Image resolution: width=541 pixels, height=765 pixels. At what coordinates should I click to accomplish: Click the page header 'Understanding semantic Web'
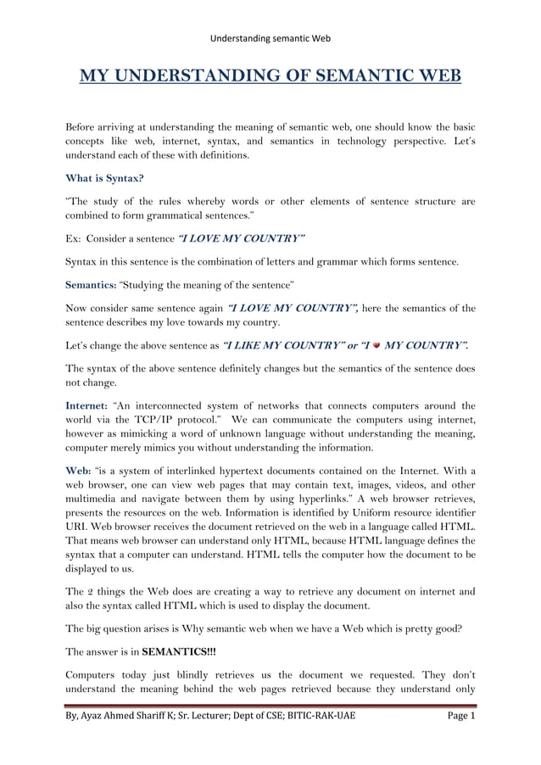tap(270, 38)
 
